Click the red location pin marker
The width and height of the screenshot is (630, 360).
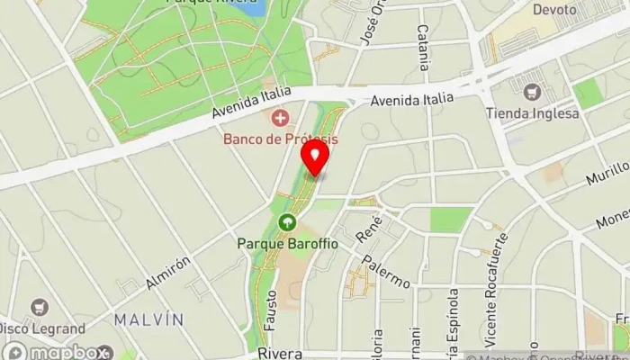[x=315, y=157]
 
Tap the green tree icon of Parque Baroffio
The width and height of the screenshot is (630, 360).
[x=287, y=222]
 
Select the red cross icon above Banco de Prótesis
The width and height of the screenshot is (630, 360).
[x=281, y=117]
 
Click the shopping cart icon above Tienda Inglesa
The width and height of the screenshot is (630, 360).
[x=532, y=92]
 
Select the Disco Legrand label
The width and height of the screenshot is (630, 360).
[x=42, y=328]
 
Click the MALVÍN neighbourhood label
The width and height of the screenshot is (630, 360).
[x=148, y=319]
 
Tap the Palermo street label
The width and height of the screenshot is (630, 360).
[x=387, y=270]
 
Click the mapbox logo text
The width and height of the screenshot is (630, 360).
[x=61, y=352]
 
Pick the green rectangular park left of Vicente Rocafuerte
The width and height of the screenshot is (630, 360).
[x=451, y=220]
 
